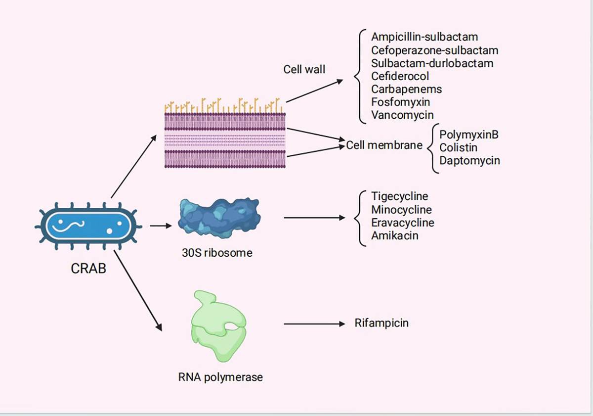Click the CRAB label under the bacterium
point(89,270)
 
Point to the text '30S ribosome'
point(217,253)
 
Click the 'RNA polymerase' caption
point(220,377)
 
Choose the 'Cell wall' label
point(304,69)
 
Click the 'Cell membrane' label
point(384,145)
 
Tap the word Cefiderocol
point(400,76)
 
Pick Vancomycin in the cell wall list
point(402,115)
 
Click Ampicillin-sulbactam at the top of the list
point(425,37)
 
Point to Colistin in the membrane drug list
point(459,147)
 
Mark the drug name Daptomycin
point(469,161)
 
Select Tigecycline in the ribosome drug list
point(400,196)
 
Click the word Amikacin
point(395,235)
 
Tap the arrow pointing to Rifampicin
point(314,324)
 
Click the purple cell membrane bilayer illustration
point(225,140)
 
